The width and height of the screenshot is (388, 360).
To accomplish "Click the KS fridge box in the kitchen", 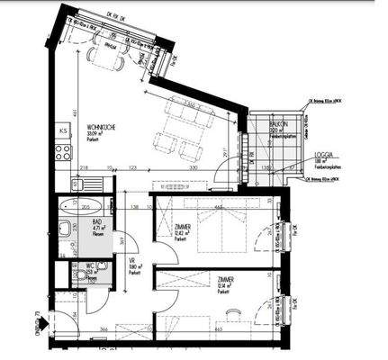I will coord(62,131).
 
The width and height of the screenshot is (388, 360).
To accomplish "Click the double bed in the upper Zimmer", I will coord(217,229).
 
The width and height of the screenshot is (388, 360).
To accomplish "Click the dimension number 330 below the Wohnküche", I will coord(191,168).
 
